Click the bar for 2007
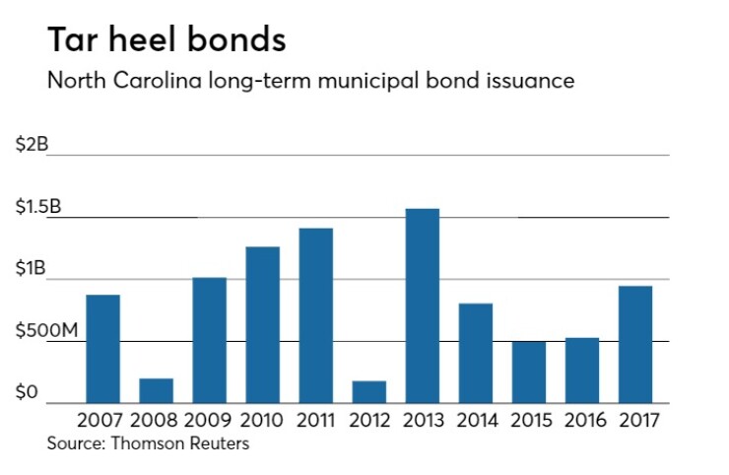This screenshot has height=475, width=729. pyautogui.click(x=102, y=349)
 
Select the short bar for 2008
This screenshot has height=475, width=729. pyautogui.click(x=156, y=390)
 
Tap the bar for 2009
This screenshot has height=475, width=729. pyautogui.click(x=209, y=340)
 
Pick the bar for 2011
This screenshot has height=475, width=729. pyautogui.click(x=315, y=315)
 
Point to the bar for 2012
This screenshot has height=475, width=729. pyautogui.click(x=368, y=392)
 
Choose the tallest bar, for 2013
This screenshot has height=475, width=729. pyautogui.click(x=422, y=305)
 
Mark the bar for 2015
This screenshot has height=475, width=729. pyautogui.click(x=528, y=373)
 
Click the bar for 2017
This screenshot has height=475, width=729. pyautogui.click(x=635, y=344)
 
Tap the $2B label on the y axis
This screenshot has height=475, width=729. pyautogui.click(x=33, y=144)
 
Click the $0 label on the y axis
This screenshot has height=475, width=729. pyautogui.click(x=27, y=393)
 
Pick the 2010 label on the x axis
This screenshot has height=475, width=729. pyautogui.click(x=262, y=420)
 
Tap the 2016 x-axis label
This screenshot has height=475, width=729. pyautogui.click(x=582, y=420)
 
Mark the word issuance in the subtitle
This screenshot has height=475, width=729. pyautogui.click(x=533, y=80)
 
